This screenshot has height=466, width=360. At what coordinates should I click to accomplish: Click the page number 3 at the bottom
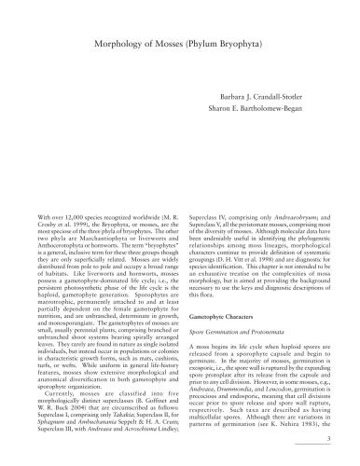(x=327, y=457)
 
